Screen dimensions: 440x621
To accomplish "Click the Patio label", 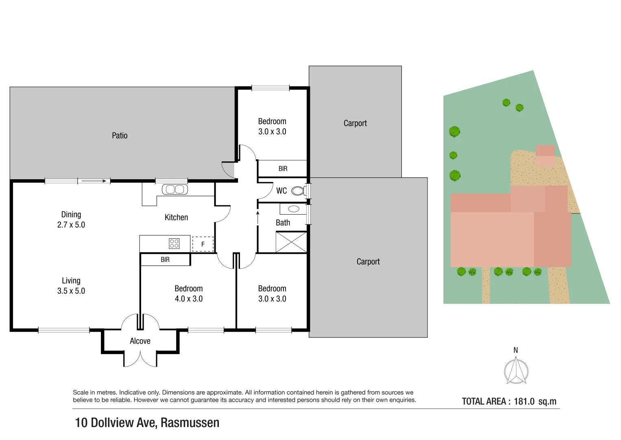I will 120,136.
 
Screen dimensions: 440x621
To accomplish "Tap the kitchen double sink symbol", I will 175,189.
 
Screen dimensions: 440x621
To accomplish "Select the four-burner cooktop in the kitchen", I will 174,244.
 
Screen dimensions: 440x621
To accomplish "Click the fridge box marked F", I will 203,244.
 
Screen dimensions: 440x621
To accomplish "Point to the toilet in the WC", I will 298,191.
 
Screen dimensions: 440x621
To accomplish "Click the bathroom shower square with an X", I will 291,242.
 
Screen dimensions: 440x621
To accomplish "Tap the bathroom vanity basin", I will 293,209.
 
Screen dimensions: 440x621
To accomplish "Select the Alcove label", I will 140,341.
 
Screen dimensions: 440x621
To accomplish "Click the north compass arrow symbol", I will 516,370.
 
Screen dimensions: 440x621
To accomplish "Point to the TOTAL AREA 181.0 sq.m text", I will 509,401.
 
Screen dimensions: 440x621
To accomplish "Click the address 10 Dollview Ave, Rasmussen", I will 147,422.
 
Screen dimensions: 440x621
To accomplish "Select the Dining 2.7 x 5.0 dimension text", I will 71,220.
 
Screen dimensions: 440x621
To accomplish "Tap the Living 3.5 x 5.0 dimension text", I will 71,286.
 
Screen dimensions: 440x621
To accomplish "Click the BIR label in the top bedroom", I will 283,169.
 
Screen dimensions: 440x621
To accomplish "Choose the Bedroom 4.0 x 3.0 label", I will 189,293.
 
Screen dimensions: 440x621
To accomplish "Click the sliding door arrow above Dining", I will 94,181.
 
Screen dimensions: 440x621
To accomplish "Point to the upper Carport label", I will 355,123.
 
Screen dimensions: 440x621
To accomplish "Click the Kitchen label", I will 176,218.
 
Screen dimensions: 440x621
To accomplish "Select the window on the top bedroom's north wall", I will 270,88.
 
